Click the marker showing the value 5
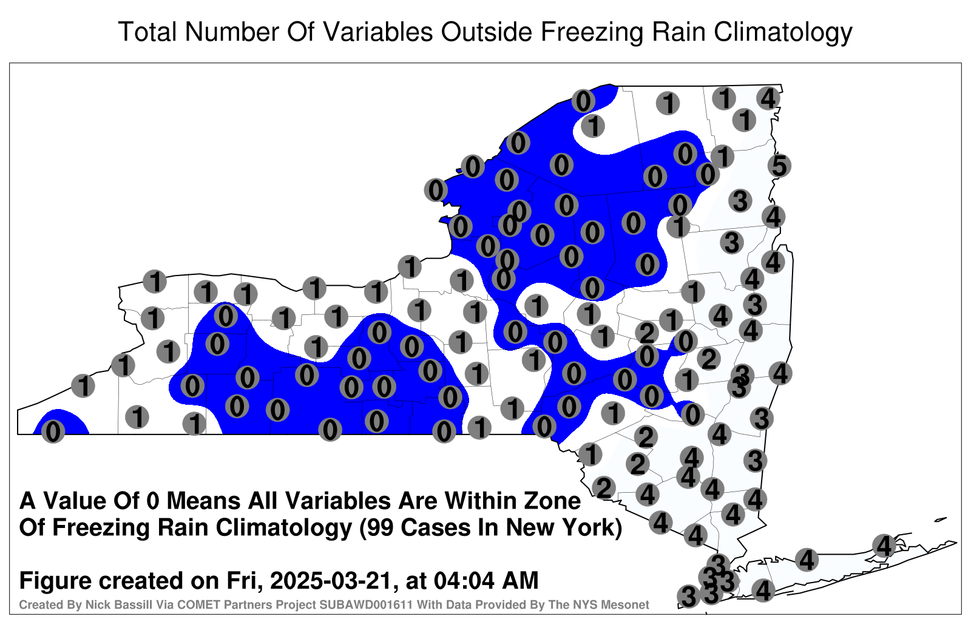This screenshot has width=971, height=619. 779,166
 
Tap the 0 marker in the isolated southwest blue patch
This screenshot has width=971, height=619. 53,431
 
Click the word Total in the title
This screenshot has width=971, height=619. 147,32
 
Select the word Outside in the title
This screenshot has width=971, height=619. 486,32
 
